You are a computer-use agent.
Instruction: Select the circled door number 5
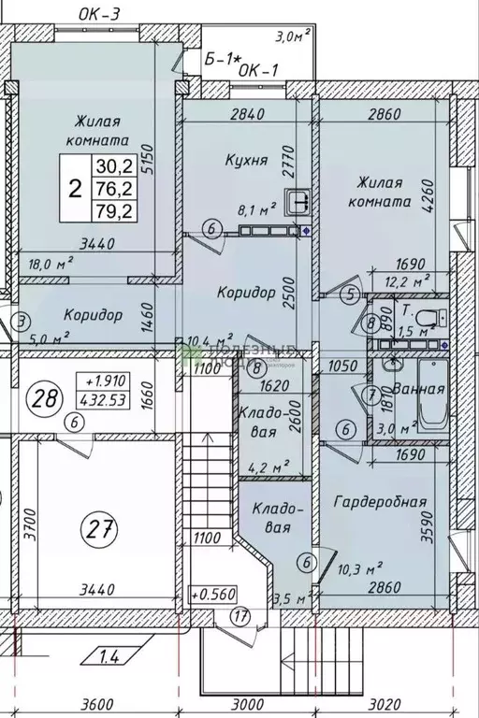coord(351,295)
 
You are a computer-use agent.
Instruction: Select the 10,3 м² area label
coord(360,567)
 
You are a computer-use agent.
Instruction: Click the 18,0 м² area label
coord(52,265)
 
